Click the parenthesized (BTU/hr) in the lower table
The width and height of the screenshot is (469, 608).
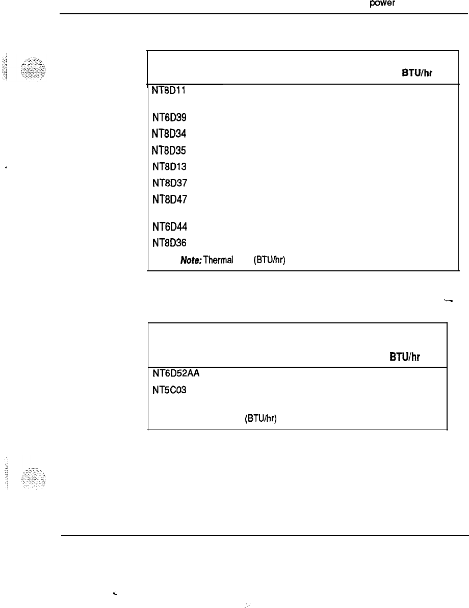pyautogui.click(x=260, y=419)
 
